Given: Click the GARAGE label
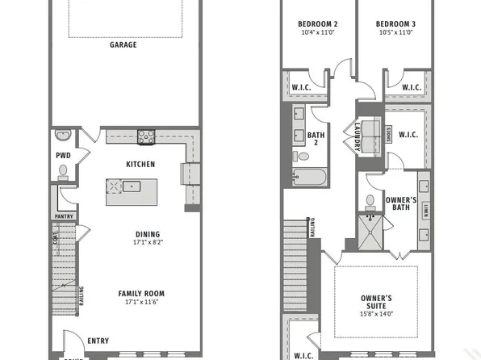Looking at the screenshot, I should [123, 45].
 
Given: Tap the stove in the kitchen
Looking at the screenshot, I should [145, 136].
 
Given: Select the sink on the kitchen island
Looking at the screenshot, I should [132, 186].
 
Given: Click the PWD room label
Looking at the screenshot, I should [63, 156].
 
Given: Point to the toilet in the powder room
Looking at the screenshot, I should [63, 171].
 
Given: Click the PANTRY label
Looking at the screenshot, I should [64, 216].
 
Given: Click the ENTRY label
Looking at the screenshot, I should [98, 341].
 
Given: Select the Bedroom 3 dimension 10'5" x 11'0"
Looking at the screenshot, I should [395, 32].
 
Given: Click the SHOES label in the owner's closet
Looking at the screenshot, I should [389, 136].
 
